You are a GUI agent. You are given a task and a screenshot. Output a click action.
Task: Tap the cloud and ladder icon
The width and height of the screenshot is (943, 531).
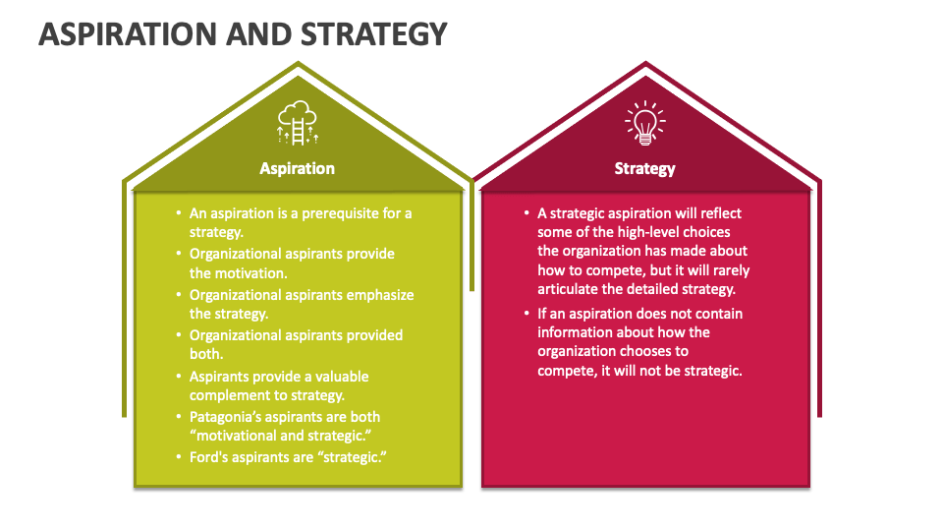298,122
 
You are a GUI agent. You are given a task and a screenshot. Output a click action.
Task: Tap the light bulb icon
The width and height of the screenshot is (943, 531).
644,122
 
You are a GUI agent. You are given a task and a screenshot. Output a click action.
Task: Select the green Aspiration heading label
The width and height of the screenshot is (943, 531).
298,168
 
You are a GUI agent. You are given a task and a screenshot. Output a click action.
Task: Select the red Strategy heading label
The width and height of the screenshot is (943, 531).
644,168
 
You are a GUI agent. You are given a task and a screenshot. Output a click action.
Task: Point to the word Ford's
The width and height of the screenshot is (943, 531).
208,457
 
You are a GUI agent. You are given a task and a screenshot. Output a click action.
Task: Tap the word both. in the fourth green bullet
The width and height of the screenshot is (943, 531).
206,354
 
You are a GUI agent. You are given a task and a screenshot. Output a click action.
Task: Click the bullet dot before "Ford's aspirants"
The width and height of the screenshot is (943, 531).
179,457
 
